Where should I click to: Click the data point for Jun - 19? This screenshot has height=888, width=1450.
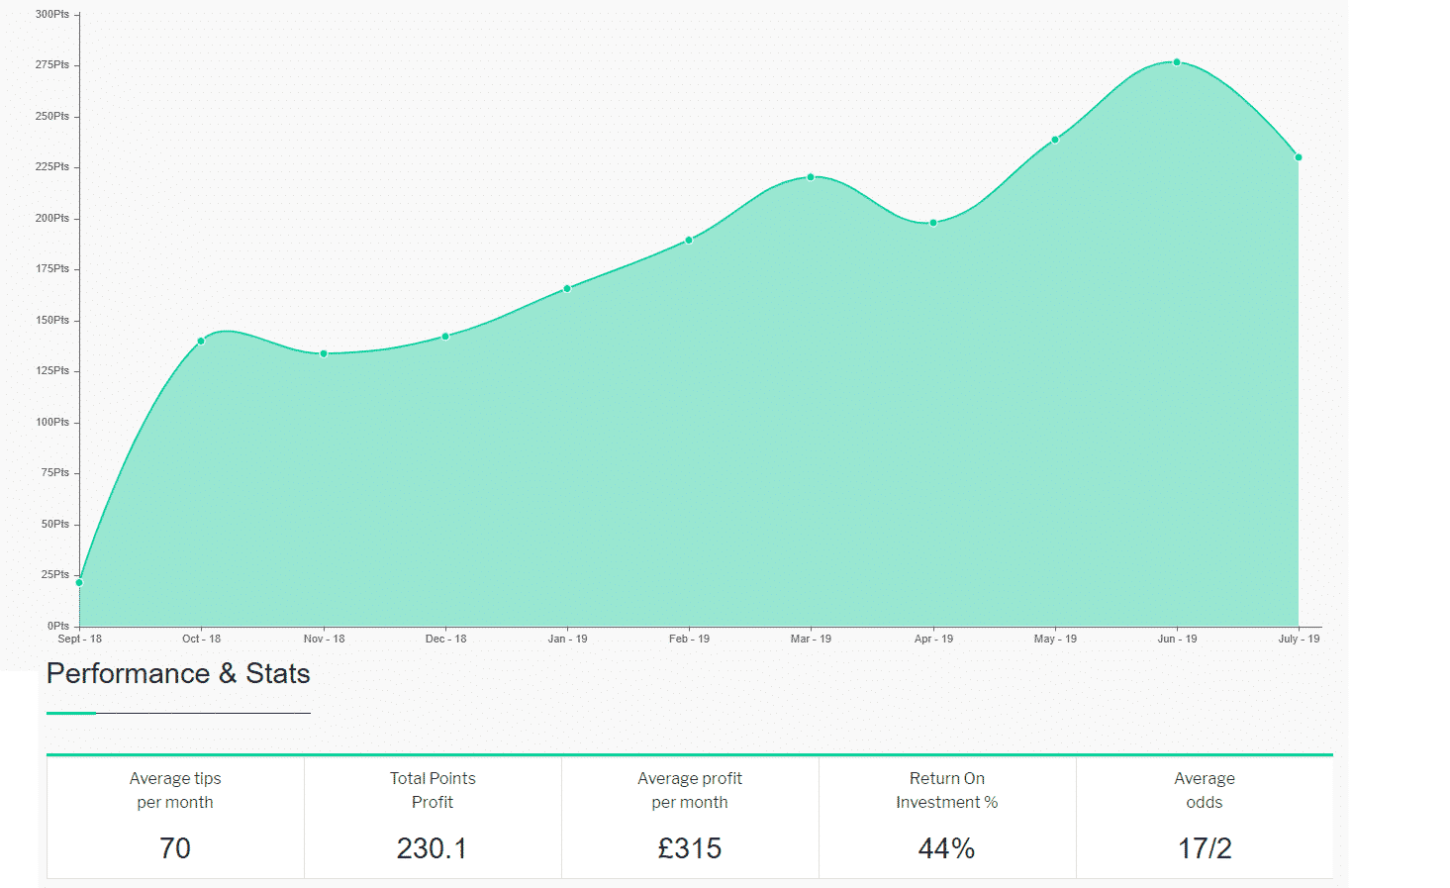click(1177, 62)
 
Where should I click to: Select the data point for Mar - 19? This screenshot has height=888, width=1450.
click(811, 177)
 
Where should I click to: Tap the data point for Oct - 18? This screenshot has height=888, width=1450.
click(201, 342)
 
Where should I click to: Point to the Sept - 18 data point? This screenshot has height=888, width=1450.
click(79, 582)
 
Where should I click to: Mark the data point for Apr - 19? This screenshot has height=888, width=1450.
click(933, 223)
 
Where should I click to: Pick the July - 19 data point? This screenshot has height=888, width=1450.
click(1299, 157)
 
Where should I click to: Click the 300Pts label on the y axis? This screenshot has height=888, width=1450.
click(52, 15)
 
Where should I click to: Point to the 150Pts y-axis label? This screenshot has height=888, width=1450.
click(52, 321)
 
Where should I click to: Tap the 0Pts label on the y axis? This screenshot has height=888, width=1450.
click(58, 626)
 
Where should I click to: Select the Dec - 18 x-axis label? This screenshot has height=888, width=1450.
click(445, 639)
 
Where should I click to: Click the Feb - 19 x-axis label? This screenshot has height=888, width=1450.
click(689, 639)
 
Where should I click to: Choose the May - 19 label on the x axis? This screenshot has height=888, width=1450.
click(1055, 639)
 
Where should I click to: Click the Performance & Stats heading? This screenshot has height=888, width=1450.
click(178, 674)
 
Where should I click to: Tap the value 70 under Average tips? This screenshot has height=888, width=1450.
click(175, 848)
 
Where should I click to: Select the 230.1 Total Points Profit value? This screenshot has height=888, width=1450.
click(432, 848)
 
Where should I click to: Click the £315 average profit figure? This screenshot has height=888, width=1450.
click(690, 848)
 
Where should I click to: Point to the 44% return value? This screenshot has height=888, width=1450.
click(947, 848)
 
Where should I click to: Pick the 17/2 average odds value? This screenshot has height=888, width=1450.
click(1205, 848)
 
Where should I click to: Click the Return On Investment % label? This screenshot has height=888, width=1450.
click(947, 790)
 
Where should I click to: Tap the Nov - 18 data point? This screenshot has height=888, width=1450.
click(324, 353)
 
